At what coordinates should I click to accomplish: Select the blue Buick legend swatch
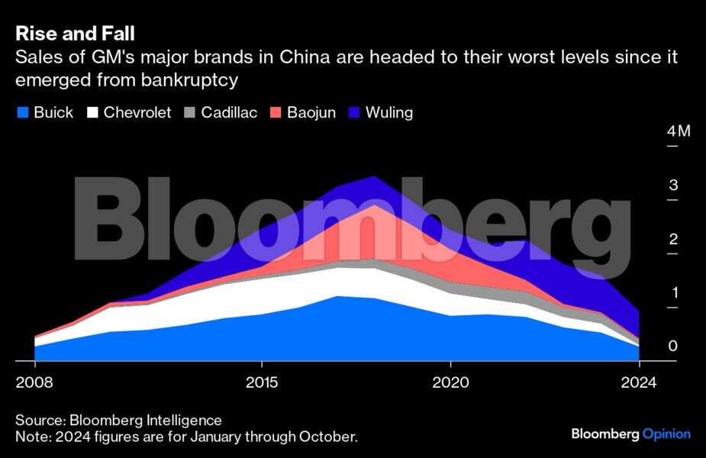[x=23, y=113]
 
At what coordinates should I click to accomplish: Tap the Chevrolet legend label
[x=137, y=113]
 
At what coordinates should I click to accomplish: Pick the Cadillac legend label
[x=229, y=113]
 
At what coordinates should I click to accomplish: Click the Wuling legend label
[x=389, y=113]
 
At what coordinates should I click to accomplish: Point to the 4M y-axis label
[x=678, y=131]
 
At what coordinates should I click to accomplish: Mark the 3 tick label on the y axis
[x=672, y=185]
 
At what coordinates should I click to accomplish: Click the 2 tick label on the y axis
[x=672, y=239]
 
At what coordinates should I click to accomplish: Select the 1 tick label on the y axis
[x=672, y=293]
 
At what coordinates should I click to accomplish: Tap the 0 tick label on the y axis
[x=672, y=347]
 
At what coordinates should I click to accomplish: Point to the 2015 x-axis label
[x=262, y=381]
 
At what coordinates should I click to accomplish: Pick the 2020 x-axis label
[x=450, y=381]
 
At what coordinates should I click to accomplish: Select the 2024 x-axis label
[x=639, y=381]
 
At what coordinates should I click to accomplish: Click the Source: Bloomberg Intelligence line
[x=118, y=420]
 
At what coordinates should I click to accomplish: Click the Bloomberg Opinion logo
[x=630, y=434]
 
